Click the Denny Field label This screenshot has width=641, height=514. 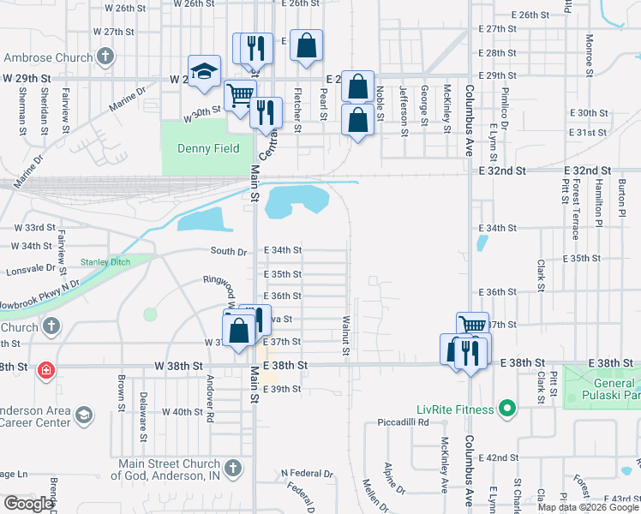tap(208, 148)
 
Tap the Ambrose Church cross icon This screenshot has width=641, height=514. tap(105, 58)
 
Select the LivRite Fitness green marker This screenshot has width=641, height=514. tap(506, 409)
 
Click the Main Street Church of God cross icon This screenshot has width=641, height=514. tap(235, 468)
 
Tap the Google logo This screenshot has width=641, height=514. tap(29, 504)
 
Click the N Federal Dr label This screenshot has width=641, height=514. tap(307, 473)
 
